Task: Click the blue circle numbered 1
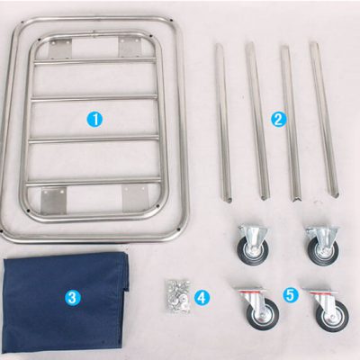[x=94, y=120]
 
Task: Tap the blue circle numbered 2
[x=278, y=120]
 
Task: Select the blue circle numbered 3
[x=73, y=297]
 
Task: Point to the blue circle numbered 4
[x=202, y=298]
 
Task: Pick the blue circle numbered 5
[x=291, y=294]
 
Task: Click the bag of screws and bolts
[x=178, y=296]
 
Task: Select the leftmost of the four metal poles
[x=223, y=123]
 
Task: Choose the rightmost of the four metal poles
[x=327, y=120]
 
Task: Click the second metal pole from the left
[x=257, y=121]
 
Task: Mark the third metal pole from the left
[x=291, y=123]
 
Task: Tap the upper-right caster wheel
[x=323, y=246]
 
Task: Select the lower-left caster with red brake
[x=258, y=310]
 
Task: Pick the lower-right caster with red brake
[x=328, y=310]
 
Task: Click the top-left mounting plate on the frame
[x=60, y=49]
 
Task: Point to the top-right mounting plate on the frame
[x=130, y=48]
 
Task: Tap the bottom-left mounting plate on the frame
[x=53, y=201]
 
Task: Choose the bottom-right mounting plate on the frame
[x=136, y=198]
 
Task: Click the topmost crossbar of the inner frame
[x=95, y=61]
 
